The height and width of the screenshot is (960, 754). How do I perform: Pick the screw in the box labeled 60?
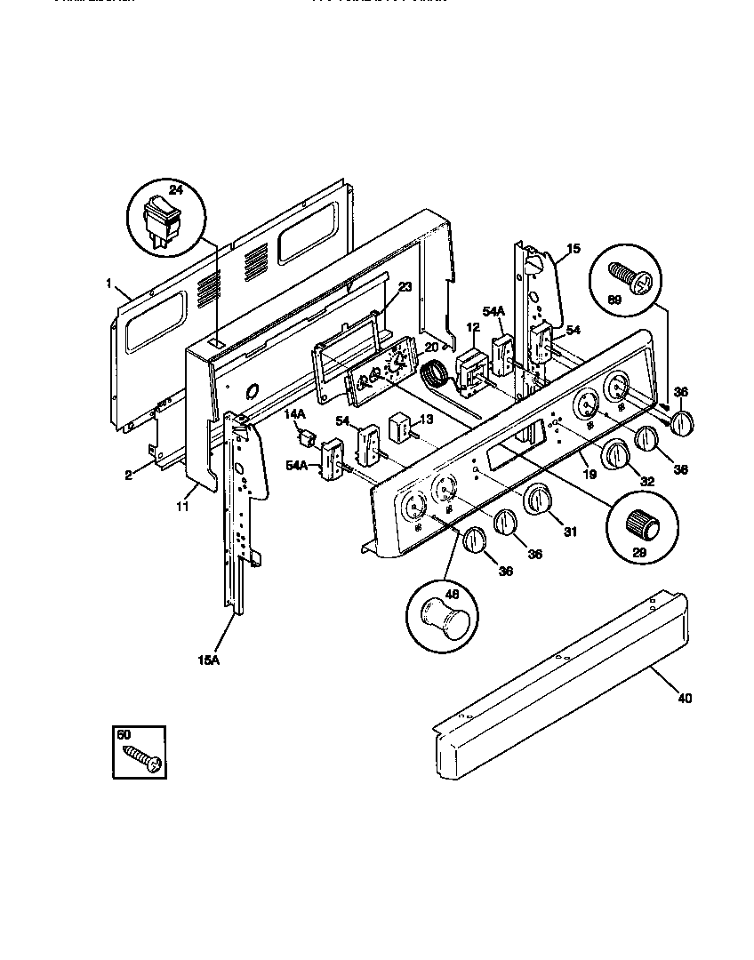pyautogui.click(x=143, y=756)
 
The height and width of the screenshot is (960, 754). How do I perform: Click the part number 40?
pyautogui.click(x=684, y=698)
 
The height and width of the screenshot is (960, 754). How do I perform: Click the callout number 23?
pyautogui.click(x=405, y=287)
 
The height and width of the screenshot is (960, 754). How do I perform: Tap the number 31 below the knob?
pyautogui.click(x=570, y=532)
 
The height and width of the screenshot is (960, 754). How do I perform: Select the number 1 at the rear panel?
pyautogui.click(x=108, y=284)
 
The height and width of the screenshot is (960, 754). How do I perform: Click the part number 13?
pyautogui.click(x=427, y=419)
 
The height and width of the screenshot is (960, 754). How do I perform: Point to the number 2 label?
pyautogui.click(x=128, y=476)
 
